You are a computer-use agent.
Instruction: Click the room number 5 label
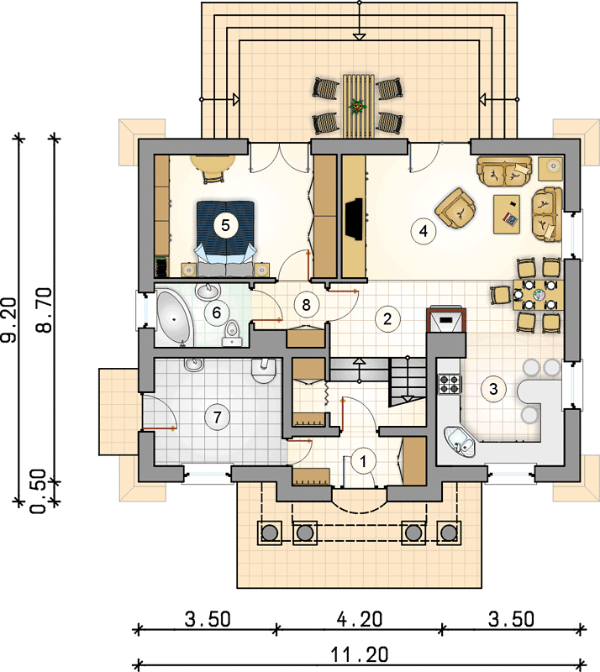(x=225, y=225)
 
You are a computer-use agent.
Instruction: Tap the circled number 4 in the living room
(x=424, y=231)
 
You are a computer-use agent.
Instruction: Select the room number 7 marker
(x=217, y=417)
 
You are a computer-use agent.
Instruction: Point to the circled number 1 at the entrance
(x=363, y=461)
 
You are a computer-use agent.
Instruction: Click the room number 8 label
(x=306, y=305)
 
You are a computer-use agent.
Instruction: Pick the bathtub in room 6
(x=174, y=319)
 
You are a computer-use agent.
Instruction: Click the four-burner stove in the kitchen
(x=450, y=384)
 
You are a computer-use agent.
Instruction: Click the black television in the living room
(x=355, y=219)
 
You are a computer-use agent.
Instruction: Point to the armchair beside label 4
(x=455, y=208)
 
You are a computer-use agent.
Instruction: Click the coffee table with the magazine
(x=507, y=214)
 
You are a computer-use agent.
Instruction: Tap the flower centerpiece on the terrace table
(x=356, y=106)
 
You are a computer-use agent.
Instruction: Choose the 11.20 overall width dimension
(x=360, y=654)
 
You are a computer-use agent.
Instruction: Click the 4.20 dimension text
(x=360, y=619)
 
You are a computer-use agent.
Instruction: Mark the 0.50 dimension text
(x=39, y=491)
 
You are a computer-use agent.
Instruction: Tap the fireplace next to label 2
(x=446, y=320)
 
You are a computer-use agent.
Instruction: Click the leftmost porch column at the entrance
(x=270, y=533)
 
